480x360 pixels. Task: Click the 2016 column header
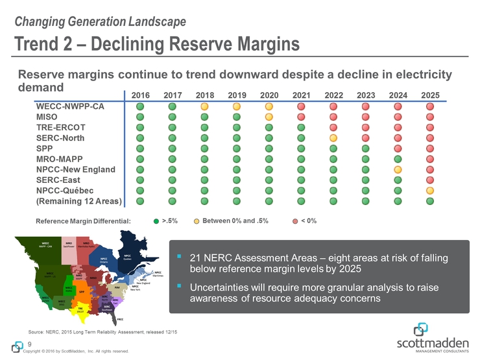pos(141,95)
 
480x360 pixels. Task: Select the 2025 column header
pos(430,95)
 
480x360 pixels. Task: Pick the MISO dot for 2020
pos(269,117)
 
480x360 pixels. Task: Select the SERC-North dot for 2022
pos(333,138)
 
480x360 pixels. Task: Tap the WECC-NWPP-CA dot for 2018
pos(205,106)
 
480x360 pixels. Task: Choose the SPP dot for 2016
pos(141,149)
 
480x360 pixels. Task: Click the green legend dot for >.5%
pos(156,221)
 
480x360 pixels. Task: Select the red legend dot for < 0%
pos(295,221)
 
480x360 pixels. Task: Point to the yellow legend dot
pos(197,221)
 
